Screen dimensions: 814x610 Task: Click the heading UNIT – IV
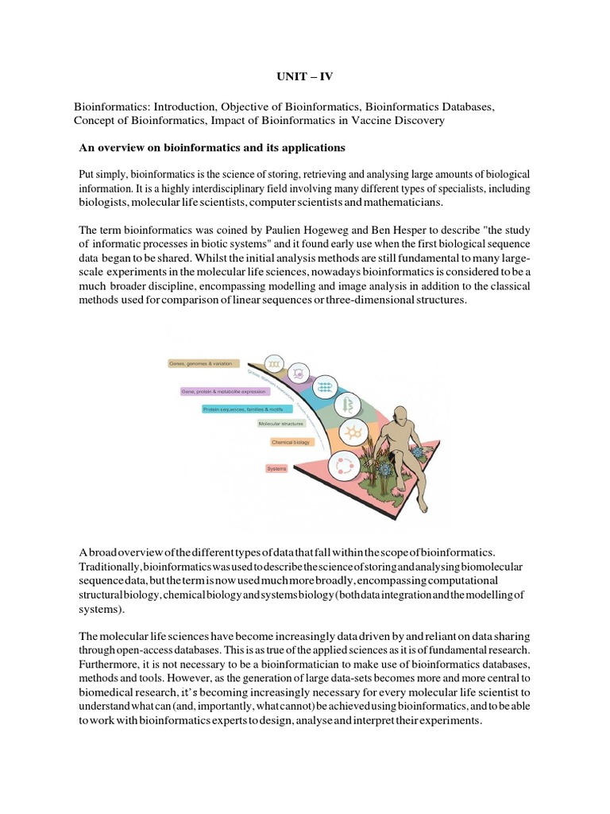(306, 80)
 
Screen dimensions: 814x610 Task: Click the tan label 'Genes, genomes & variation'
(203, 362)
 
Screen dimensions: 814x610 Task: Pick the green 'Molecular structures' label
(281, 424)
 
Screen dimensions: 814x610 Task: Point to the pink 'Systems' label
(276, 469)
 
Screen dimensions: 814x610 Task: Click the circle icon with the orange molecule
(352, 432)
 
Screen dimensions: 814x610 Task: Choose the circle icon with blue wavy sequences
(325, 387)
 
